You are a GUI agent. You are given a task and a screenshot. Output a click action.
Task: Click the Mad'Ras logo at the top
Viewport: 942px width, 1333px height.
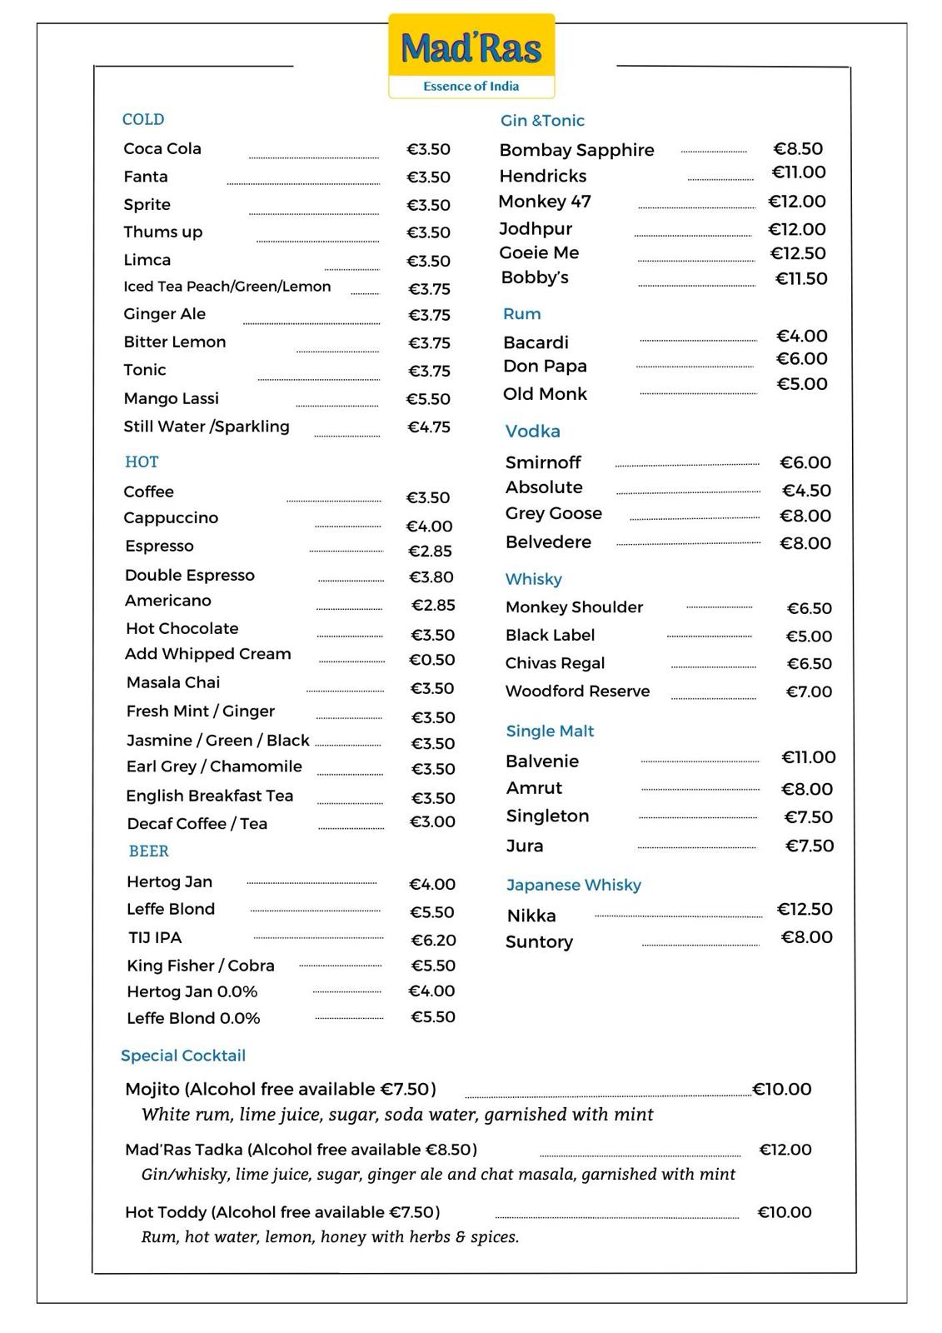[471, 56]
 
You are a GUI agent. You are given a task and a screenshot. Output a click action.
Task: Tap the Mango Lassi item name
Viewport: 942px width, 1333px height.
[171, 398]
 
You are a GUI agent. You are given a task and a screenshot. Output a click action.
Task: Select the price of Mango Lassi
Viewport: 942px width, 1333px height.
[428, 399]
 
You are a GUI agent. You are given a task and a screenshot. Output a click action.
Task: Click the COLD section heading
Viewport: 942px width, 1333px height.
[143, 119]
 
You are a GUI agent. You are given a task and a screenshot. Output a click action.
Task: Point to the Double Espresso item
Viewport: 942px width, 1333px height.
[190, 575]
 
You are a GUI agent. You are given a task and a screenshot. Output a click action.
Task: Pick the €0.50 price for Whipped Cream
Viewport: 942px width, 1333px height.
[432, 660]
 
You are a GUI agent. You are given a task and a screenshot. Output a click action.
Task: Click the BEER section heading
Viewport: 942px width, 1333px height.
[148, 851]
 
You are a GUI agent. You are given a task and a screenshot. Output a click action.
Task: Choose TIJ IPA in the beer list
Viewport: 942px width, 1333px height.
[155, 937]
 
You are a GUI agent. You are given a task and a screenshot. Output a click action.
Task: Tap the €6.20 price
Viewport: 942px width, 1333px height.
[433, 940]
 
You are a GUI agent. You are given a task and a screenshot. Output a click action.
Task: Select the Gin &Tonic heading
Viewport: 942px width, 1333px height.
[542, 121]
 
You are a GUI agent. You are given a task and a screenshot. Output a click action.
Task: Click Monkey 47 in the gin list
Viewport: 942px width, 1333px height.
[545, 202]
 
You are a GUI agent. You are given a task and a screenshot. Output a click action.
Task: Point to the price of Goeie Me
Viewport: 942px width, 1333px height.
[798, 253]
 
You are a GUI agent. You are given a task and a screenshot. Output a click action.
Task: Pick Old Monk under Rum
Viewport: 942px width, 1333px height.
[545, 394]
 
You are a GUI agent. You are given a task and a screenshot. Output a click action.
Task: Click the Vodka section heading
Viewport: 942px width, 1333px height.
[532, 432]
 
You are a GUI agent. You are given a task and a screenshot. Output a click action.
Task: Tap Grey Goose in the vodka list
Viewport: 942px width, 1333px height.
[553, 513]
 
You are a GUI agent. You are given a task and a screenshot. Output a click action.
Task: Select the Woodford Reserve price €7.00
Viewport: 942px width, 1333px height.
[809, 691]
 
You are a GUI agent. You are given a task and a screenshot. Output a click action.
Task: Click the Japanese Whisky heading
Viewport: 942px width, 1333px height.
[573, 885]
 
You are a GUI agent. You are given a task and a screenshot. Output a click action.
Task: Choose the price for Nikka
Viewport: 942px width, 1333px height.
[805, 909]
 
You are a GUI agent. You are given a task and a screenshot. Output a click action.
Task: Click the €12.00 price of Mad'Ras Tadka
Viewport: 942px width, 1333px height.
[785, 1150]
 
